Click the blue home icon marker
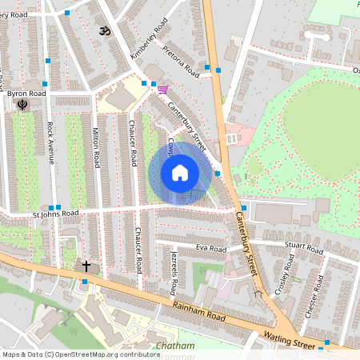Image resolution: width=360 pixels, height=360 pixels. click(x=180, y=173)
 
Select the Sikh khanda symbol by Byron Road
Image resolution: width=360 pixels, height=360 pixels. click(x=22, y=105)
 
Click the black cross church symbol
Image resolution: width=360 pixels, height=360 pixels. click(x=86, y=265)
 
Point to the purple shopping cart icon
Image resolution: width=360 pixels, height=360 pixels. click(x=162, y=89)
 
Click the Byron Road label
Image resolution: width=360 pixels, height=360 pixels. click(x=26, y=94)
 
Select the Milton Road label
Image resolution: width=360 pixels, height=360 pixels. click(x=96, y=147)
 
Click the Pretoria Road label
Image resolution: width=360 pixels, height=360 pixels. click(x=178, y=62)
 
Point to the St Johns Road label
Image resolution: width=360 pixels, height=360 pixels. click(x=55, y=214)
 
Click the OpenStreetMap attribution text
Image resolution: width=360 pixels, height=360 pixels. click(x=70, y=354)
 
